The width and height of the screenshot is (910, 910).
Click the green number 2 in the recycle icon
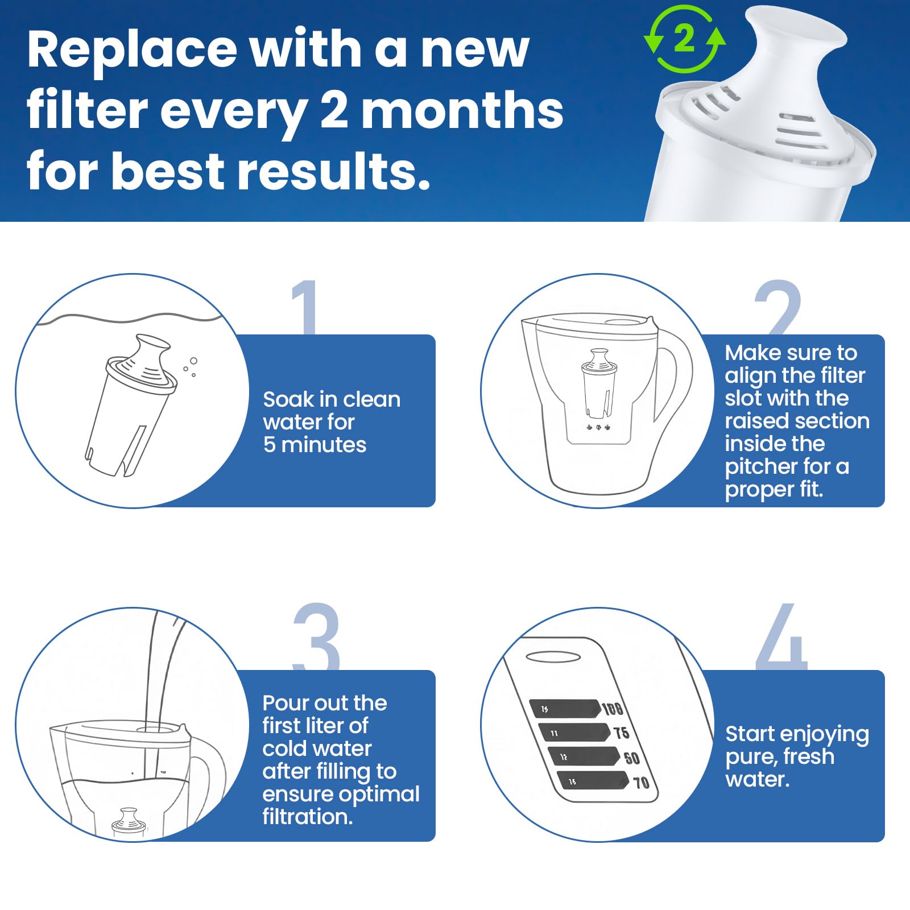click(x=684, y=39)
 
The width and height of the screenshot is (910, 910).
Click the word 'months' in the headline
click(x=462, y=111)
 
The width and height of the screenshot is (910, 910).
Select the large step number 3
click(x=316, y=636)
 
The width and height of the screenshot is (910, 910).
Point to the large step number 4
click(x=782, y=637)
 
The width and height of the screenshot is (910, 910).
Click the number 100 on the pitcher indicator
click(x=613, y=709)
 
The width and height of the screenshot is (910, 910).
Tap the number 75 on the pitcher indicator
click(x=621, y=733)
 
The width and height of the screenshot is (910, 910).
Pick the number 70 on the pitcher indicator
click(x=641, y=783)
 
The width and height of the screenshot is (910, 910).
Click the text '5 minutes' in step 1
click(x=315, y=445)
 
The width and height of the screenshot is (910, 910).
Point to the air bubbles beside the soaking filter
click(x=191, y=367)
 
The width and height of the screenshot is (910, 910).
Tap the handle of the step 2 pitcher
click(x=677, y=375)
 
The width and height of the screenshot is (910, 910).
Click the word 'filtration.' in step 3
click(x=307, y=817)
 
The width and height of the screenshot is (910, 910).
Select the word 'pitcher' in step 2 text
click(x=761, y=466)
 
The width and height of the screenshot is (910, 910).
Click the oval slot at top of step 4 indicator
click(x=553, y=657)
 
